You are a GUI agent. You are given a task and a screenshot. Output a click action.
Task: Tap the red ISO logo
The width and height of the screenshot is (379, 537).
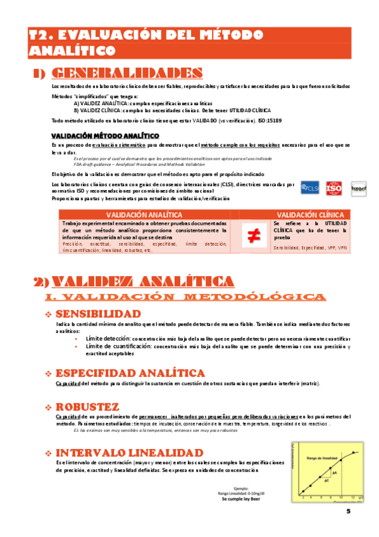pos(334,188)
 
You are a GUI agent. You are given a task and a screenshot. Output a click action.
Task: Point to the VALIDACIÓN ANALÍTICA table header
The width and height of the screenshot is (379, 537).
pos(144,215)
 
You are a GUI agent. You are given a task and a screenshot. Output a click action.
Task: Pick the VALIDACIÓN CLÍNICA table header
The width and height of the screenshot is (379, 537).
pos(310,215)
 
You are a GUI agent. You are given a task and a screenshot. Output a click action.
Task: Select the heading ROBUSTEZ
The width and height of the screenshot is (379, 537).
pos(87,405)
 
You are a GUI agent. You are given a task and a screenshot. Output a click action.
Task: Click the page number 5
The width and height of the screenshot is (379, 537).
pos(348,512)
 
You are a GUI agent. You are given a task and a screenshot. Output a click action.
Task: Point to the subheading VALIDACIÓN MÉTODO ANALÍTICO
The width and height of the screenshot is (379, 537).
pos(105,136)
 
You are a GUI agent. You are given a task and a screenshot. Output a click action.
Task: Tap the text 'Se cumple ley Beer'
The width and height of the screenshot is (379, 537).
pos(240,499)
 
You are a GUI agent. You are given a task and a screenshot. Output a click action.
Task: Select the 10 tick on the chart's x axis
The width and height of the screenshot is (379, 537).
pos(342,498)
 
